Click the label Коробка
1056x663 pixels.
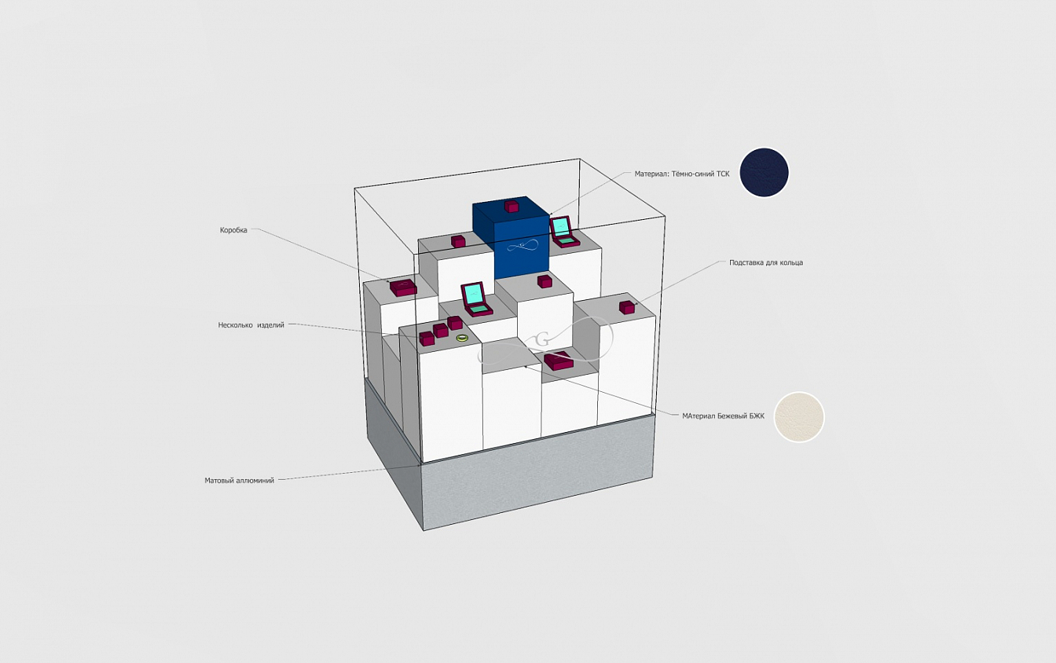[233, 230]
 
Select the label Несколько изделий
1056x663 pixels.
[251, 325]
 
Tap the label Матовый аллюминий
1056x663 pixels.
[239, 481]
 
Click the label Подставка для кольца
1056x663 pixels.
[765, 262]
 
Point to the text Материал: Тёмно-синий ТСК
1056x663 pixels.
[682, 174]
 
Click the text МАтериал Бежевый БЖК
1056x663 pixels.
[723, 416]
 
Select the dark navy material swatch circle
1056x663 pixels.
[764, 172]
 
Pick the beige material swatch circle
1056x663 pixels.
[799, 417]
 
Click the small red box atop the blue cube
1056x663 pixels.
[511, 206]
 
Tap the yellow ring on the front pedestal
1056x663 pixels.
[462, 337]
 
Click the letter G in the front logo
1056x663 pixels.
[543, 339]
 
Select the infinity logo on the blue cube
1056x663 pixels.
[522, 246]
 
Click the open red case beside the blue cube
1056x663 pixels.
[564, 232]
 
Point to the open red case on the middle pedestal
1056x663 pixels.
[476, 299]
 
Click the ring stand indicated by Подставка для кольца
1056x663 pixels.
[626, 307]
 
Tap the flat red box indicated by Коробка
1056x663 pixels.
[403, 288]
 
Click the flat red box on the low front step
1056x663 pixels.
[559, 361]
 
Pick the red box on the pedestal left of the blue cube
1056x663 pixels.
[458, 241]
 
